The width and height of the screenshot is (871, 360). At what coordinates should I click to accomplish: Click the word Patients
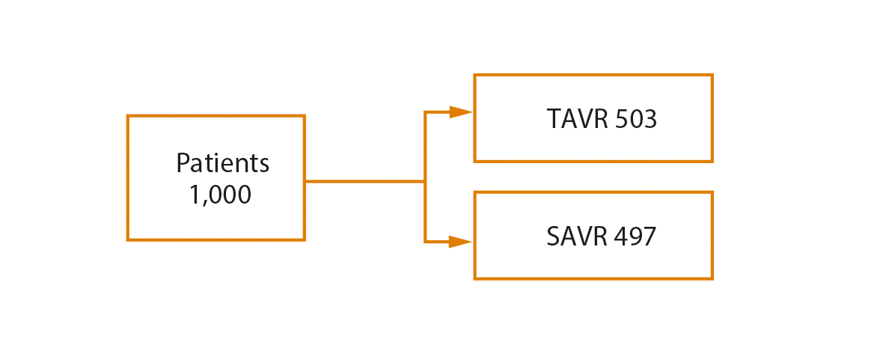(x=222, y=162)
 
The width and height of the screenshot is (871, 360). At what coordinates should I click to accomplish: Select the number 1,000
(x=220, y=195)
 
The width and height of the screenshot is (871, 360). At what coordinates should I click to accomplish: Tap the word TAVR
(x=577, y=120)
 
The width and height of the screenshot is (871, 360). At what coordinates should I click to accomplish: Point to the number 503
(x=636, y=120)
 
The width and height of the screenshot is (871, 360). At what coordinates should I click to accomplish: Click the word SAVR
(x=577, y=237)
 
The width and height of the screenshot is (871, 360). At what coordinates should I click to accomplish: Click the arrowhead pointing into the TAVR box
(x=460, y=113)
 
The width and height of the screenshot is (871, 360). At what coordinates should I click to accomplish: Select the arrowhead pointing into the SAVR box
(x=460, y=242)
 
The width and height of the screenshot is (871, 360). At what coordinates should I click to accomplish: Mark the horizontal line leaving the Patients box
(x=364, y=181)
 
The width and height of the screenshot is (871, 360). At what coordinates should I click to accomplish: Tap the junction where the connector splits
(x=425, y=181)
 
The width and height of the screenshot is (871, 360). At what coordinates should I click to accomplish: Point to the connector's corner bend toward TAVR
(x=425, y=113)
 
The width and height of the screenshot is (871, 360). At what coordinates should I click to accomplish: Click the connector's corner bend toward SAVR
(x=425, y=242)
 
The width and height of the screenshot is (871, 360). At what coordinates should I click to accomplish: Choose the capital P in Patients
(x=182, y=162)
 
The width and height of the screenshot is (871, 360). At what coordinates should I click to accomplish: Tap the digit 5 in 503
(x=622, y=120)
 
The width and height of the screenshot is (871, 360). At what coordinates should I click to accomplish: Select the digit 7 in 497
(x=650, y=237)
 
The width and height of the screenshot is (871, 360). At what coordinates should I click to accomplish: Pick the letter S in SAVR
(x=553, y=237)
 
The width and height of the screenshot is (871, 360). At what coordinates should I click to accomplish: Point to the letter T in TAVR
(x=554, y=120)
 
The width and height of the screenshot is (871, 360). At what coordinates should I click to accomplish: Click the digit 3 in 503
(x=650, y=120)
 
